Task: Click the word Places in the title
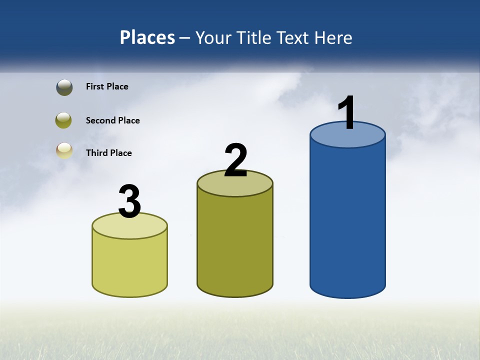click(147, 37)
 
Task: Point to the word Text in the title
click(294, 37)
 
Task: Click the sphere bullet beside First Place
click(64, 87)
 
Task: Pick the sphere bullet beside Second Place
click(64, 120)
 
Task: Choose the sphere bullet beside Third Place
click(64, 150)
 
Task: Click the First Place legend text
click(107, 86)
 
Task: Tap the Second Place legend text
click(112, 120)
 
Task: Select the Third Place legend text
click(108, 153)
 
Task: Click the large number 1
click(347, 112)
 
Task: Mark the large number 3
click(129, 202)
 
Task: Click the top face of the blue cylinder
click(347, 138)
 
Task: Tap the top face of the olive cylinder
click(235, 186)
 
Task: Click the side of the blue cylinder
click(347, 220)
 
